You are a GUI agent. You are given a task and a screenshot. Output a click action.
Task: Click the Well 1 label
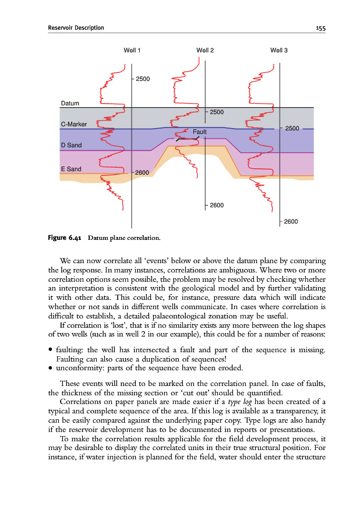coord(132,51)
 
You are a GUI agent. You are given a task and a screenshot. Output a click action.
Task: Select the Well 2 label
coord(205,51)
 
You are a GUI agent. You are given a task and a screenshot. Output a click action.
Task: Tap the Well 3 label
coord(279,51)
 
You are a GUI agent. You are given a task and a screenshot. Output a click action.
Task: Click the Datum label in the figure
coord(70,104)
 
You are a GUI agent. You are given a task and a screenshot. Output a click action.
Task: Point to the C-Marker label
coord(73,124)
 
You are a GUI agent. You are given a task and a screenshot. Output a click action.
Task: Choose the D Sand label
coord(71,144)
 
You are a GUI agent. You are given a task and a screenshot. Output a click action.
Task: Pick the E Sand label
coord(71,169)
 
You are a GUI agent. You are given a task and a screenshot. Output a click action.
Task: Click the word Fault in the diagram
coord(200,132)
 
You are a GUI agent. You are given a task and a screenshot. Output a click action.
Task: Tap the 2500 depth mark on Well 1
coord(143,79)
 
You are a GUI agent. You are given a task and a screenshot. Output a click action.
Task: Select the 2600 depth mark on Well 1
coord(143,173)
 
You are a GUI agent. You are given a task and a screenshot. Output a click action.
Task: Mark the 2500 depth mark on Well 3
coord(291,128)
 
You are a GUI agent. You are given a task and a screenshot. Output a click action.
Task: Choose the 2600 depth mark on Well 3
coord(291,222)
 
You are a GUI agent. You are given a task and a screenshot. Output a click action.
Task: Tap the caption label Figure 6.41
coord(63,238)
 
